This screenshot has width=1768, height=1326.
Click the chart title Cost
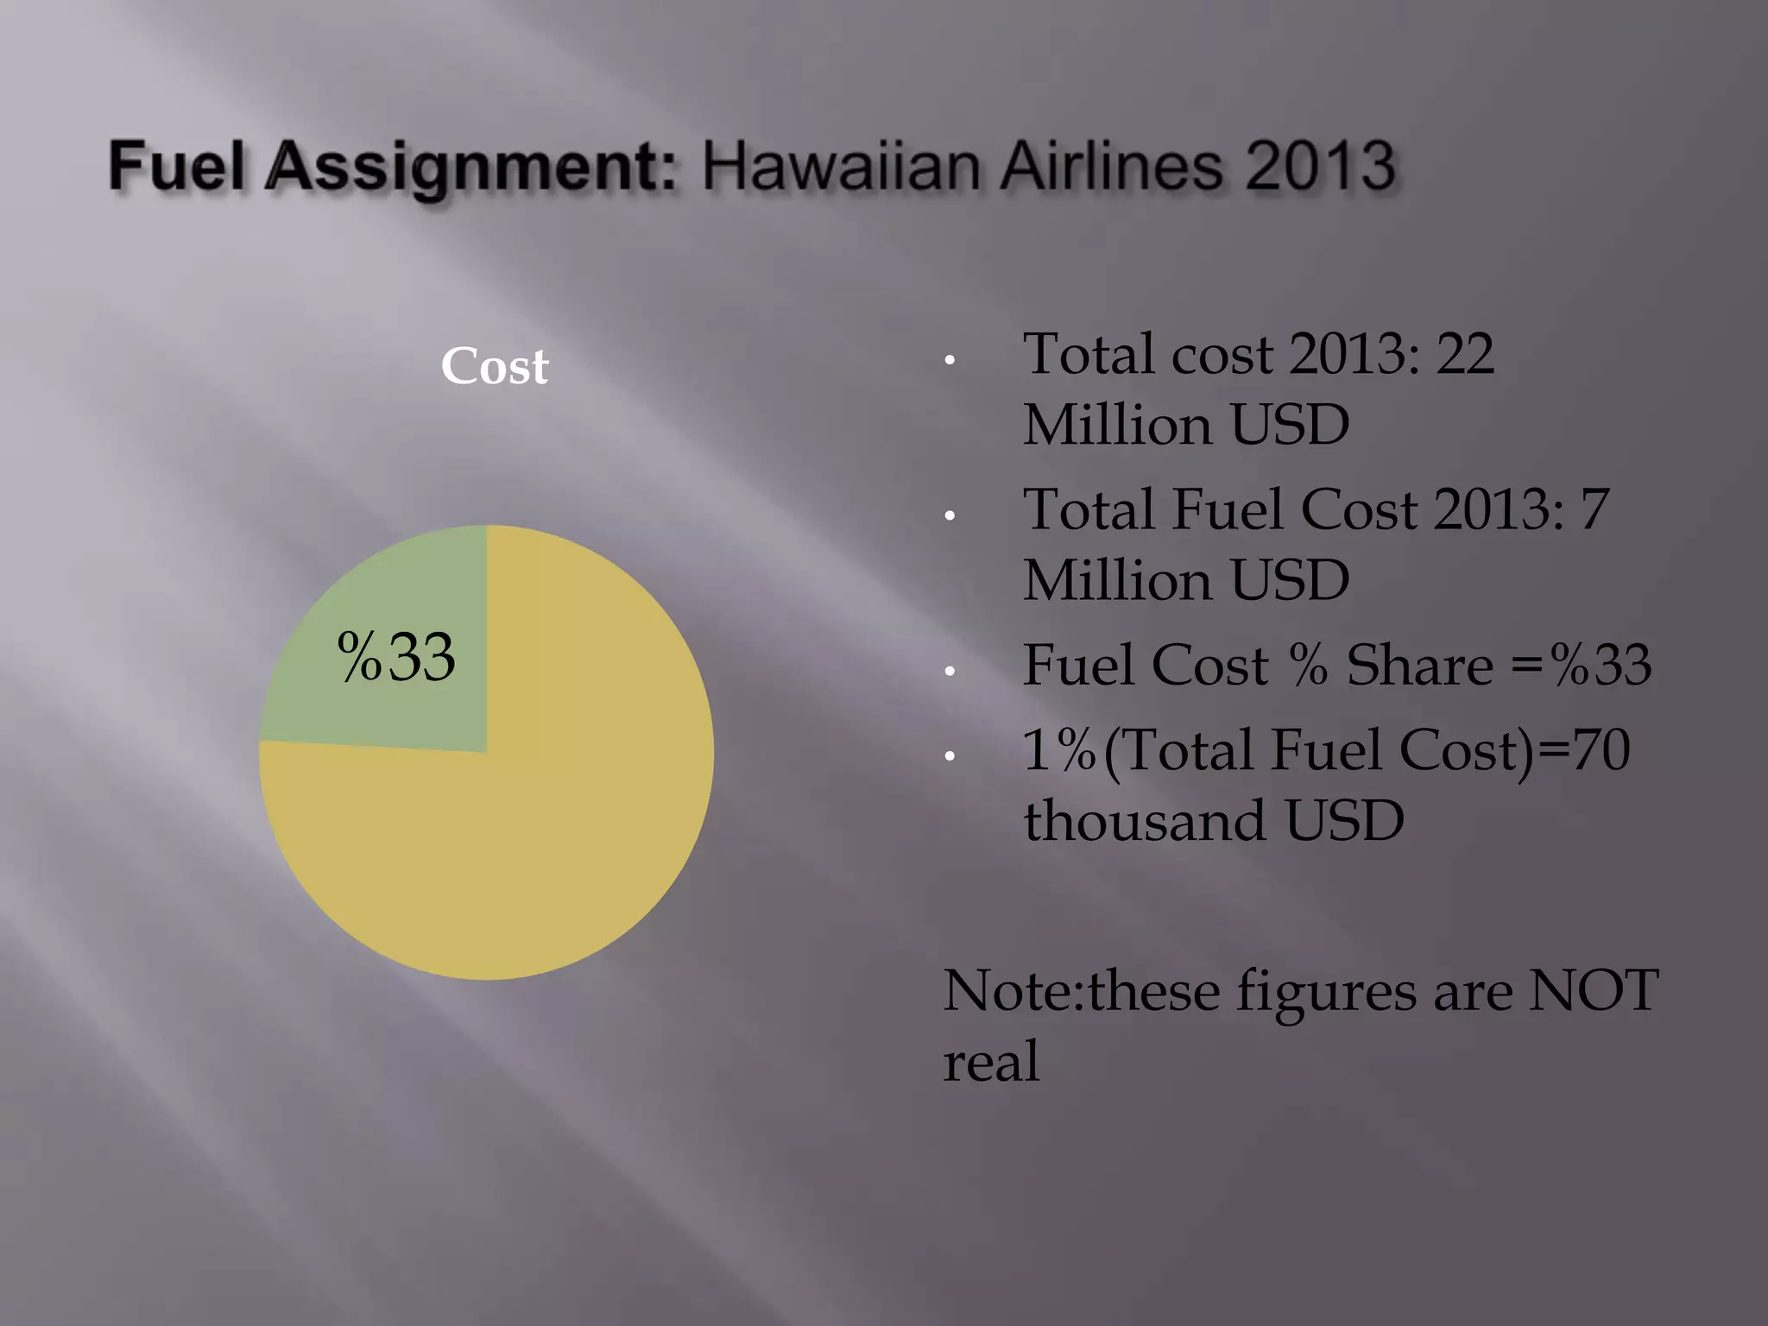(x=494, y=366)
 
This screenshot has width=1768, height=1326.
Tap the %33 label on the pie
(x=396, y=658)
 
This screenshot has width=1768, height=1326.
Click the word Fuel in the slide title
(x=176, y=166)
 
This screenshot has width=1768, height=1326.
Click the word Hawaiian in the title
(x=842, y=166)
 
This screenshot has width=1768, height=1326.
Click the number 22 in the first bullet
(x=1464, y=354)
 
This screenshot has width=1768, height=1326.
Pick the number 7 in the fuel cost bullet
(x=1594, y=509)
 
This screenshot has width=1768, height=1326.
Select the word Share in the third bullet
(x=1420, y=665)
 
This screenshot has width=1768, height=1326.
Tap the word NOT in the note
(x=1594, y=990)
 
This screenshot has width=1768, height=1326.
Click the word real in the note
(x=991, y=1062)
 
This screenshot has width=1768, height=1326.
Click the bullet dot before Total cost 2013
(x=950, y=361)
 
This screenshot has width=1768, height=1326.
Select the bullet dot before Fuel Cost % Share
(x=950, y=672)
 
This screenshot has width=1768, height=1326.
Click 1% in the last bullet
(x=1058, y=749)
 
